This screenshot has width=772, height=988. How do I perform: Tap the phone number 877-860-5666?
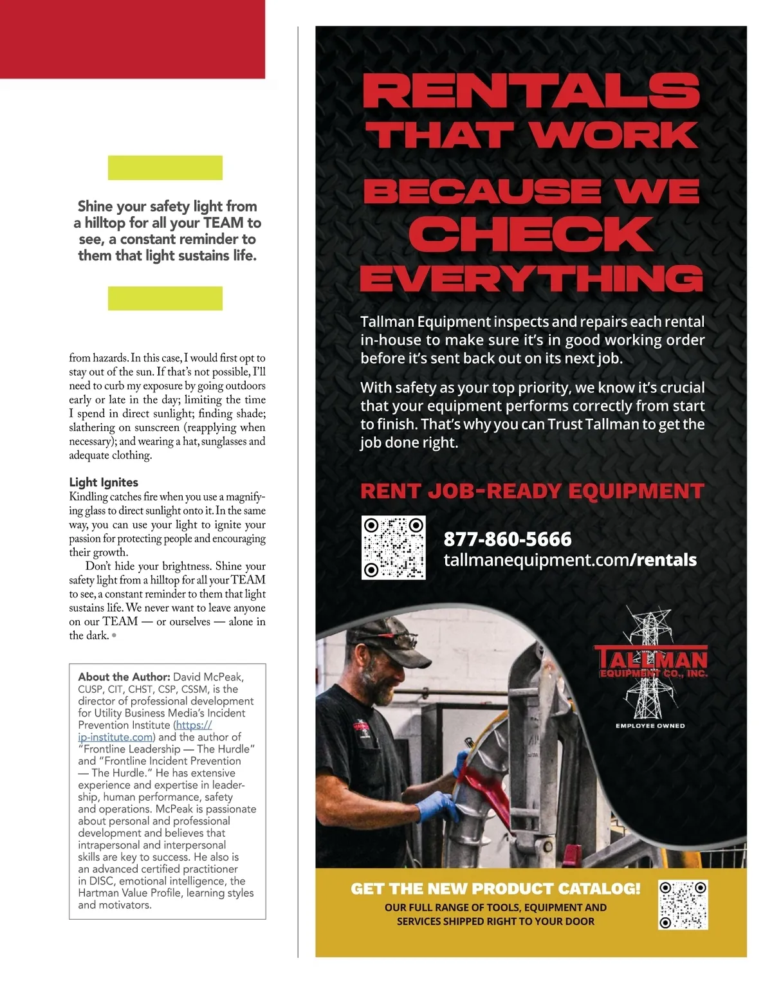pyautogui.click(x=508, y=539)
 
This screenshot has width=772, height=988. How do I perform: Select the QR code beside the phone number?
pyautogui.click(x=393, y=547)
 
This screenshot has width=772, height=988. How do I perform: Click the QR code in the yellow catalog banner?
pyautogui.click(x=683, y=904)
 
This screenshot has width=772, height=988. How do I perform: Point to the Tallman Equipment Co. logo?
pyautogui.click(x=650, y=663)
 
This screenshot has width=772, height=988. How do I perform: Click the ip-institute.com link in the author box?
pyautogui.click(x=116, y=737)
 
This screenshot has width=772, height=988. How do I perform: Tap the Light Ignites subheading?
pyautogui.click(x=104, y=482)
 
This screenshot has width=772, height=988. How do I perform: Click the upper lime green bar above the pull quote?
pyautogui.click(x=165, y=168)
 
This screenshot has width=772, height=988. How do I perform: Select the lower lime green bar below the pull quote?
pyautogui.click(x=165, y=298)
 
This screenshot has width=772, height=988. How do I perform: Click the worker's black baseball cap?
pyautogui.click(x=387, y=637)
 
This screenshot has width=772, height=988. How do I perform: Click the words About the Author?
pyautogui.click(x=124, y=677)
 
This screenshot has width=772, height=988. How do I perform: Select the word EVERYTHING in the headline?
pyautogui.click(x=531, y=279)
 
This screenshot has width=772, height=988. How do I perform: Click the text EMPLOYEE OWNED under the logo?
pyautogui.click(x=650, y=726)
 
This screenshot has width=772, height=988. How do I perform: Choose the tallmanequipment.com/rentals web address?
pyautogui.click(x=570, y=560)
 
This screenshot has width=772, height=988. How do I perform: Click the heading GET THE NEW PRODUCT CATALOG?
pyautogui.click(x=495, y=889)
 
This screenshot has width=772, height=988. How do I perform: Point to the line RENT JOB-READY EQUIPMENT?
pyautogui.click(x=532, y=491)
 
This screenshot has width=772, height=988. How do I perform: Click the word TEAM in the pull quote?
pyautogui.click(x=223, y=223)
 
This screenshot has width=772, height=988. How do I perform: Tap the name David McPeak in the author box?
pyautogui.click(x=208, y=677)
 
